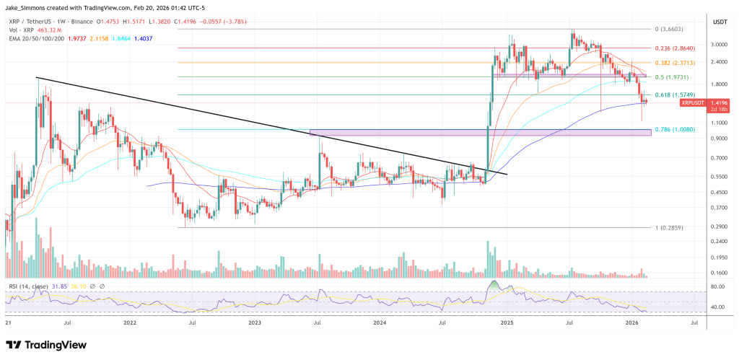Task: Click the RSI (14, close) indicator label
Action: click(29, 286)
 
